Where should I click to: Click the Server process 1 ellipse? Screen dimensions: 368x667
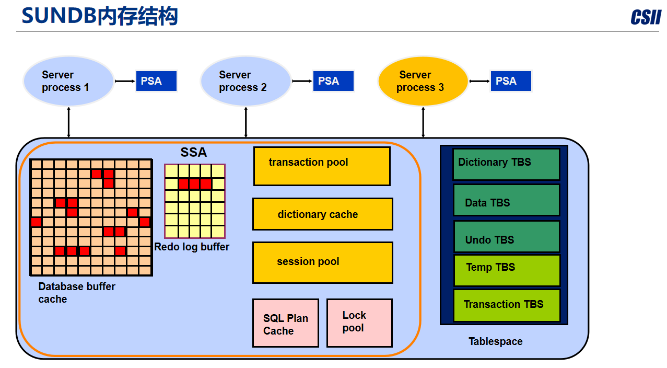68,81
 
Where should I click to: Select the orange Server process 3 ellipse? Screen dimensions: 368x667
423,81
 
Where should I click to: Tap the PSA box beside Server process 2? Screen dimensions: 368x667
333,81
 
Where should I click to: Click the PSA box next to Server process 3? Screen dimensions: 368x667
510,81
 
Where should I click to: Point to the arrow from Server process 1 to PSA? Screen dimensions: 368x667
124,81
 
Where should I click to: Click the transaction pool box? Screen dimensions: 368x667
322,166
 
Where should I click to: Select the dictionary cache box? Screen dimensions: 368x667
322,214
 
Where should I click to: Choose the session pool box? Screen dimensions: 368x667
322,262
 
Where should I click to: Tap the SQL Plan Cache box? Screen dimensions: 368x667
285,323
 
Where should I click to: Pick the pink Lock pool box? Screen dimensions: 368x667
359,323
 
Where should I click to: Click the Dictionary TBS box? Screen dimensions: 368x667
506,164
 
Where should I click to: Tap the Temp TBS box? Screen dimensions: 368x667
506,270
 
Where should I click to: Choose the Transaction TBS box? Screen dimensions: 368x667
506,305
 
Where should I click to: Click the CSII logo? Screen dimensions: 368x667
646,17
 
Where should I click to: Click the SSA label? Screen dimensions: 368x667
194,153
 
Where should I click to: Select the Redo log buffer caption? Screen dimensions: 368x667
192,247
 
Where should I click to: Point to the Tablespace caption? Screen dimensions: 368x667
495,341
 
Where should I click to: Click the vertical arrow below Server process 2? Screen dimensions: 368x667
246,122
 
